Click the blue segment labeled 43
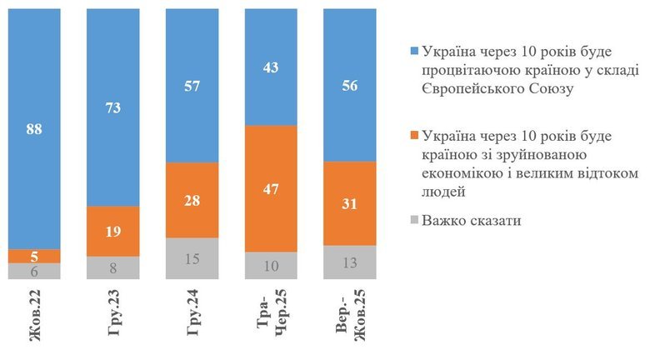pos(270,66)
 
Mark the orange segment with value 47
pos(270,188)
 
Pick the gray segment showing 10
pos(270,265)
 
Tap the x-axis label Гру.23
pos(112,316)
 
